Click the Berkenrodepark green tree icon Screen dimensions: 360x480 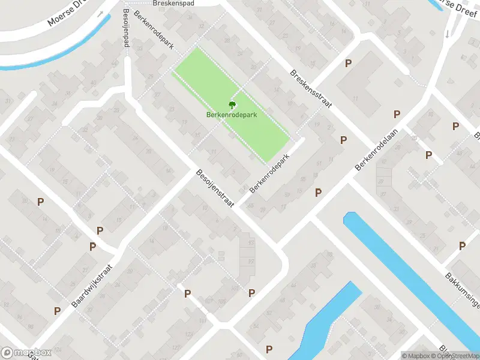[x=232, y=104]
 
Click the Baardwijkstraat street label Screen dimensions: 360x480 [x=94, y=287]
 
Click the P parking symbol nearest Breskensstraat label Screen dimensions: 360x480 [x=347, y=64]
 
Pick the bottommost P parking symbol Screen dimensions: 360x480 [x=269, y=349]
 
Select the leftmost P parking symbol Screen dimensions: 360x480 [x=40, y=202]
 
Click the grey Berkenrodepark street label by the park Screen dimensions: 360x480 [x=270, y=174]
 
